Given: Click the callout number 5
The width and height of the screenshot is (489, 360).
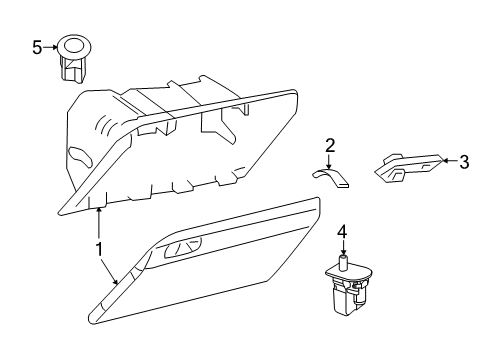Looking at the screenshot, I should click(x=37, y=47).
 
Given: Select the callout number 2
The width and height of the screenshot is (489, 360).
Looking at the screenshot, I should click(x=329, y=145).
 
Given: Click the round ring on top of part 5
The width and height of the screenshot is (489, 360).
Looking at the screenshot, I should click(x=73, y=45).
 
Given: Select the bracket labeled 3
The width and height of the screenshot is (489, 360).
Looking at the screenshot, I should click(x=410, y=167).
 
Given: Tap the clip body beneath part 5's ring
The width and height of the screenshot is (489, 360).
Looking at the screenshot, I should click(x=72, y=69).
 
